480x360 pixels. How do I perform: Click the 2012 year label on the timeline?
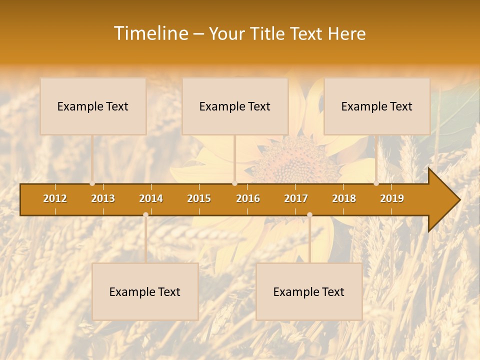click(55, 198)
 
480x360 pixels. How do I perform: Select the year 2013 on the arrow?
click(103, 198)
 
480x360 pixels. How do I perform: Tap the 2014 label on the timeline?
click(151, 198)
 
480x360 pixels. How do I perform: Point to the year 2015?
click(199, 198)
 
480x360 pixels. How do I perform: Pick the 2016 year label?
click(248, 198)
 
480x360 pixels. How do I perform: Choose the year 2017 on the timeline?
click(296, 198)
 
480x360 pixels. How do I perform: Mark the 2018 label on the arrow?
click(344, 198)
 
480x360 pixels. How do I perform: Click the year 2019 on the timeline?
click(392, 198)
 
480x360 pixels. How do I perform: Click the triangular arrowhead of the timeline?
click(444, 199)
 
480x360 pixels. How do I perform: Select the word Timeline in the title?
click(150, 33)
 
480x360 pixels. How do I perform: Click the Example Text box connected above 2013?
click(93, 106)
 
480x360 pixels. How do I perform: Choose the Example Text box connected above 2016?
click(235, 106)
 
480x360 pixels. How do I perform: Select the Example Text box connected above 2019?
click(377, 106)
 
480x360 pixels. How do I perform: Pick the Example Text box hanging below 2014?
click(145, 291)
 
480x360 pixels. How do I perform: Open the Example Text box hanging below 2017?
click(309, 291)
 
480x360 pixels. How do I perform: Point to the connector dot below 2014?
click(145, 215)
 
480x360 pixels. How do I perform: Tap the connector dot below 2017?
click(309, 215)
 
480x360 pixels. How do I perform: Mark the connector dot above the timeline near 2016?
click(234, 183)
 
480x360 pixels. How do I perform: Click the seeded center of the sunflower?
click(292, 160)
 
